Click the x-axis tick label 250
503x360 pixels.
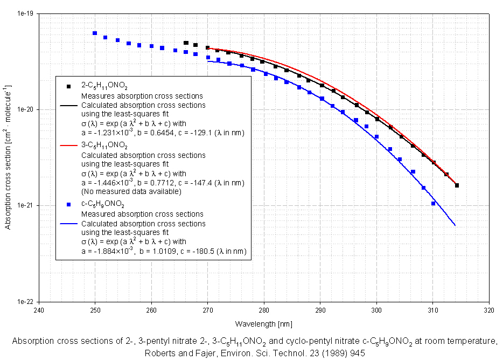coord(95,310)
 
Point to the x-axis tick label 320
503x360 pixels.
coord(489,310)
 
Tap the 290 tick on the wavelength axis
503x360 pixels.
coord(320,310)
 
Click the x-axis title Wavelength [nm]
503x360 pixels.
coord(263,324)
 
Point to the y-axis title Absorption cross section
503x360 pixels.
coord(8,157)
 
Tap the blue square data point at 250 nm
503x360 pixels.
coord(95,33)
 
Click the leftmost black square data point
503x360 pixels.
coord(186,43)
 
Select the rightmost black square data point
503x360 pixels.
coord(457,185)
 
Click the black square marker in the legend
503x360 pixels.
coord(68,86)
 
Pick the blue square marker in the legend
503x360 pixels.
coord(68,205)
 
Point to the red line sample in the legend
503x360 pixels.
coord(70,146)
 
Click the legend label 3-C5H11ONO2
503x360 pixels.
coord(104,146)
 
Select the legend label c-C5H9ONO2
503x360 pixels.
coord(103,205)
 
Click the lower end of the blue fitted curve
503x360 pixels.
coord(456,225)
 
